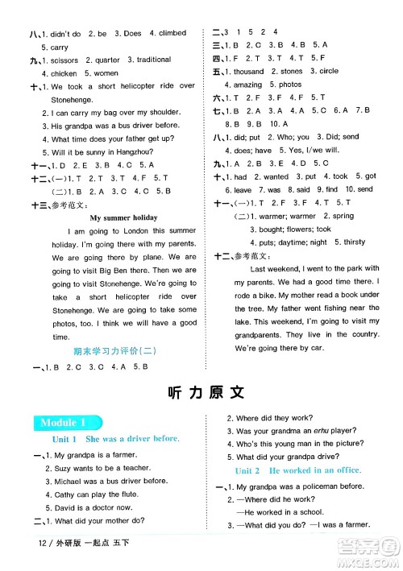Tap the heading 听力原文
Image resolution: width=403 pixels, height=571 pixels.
pos(201,392)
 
